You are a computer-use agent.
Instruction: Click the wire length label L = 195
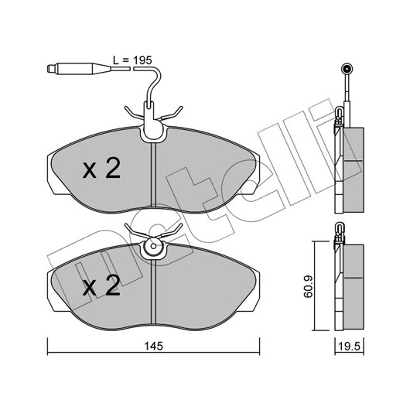coord(132,60)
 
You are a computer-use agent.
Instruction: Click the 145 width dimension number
coord(153,347)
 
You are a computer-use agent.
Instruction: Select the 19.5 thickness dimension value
coord(350,347)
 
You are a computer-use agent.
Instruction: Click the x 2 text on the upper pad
coord(101,168)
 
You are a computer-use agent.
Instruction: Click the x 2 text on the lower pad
coord(101,285)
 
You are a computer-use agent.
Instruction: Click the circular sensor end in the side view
coord(347,69)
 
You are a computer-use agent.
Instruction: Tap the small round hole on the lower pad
coord(153,246)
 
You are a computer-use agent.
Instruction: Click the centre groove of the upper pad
coord(153,175)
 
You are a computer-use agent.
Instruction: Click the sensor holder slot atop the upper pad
coord(149,112)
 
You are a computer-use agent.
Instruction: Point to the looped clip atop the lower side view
coord(340,231)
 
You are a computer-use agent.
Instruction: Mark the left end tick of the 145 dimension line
coord(48,347)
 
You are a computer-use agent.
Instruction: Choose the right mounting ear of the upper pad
coord(255,174)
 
